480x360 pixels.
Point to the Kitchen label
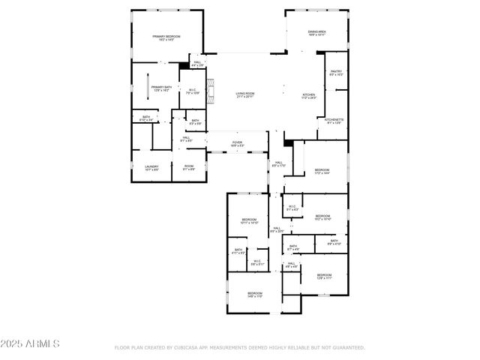pos(308,96)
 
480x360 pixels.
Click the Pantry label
pos(336,73)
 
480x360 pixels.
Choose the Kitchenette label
pos(334,121)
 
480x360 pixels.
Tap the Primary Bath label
pos(161,88)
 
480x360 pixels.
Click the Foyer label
pos(236,143)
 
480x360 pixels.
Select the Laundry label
pos(151,168)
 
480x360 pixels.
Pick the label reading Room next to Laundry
pos(189,168)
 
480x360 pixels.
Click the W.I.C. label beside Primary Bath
pos(193,91)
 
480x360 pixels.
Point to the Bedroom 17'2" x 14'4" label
pos(322,172)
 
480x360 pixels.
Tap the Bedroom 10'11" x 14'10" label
pos(250,221)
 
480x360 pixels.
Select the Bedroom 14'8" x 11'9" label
pos(255,295)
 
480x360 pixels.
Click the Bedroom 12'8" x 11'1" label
pos(324,277)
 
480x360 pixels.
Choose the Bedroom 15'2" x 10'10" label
pos(322,217)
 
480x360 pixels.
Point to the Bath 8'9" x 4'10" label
pos(333,242)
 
